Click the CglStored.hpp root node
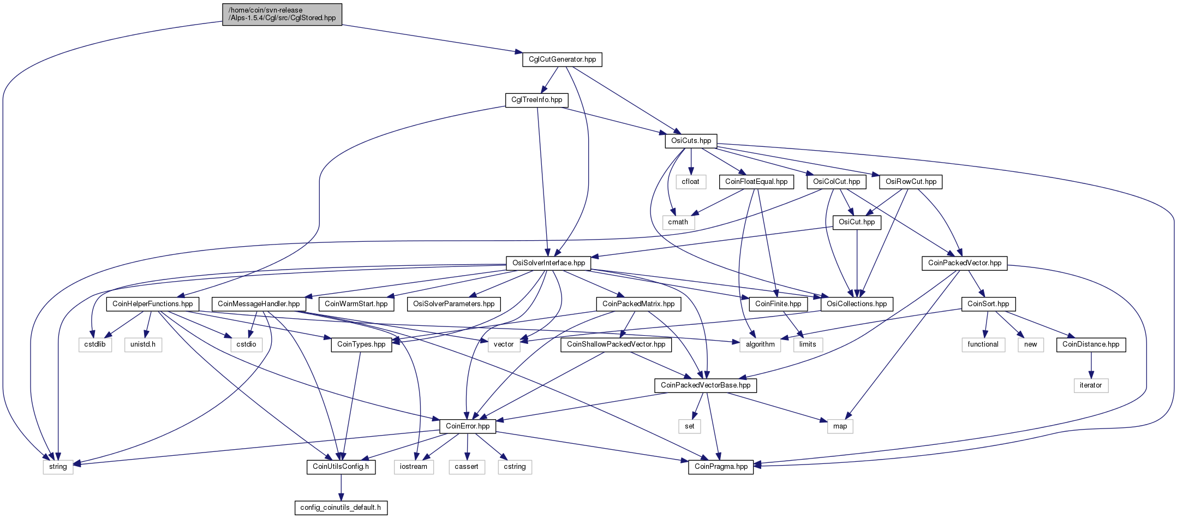(282, 14)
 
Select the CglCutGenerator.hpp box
(562, 59)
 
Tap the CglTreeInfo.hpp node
(536, 100)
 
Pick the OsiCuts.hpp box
(691, 141)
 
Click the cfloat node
(690, 182)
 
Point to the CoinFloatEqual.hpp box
(756, 182)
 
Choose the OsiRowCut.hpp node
(911, 182)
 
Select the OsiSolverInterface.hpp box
(548, 263)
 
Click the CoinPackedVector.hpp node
(965, 263)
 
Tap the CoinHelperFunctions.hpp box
(153, 304)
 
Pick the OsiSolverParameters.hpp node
(454, 304)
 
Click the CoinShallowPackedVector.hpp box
(616, 344)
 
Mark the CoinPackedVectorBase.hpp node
(706, 385)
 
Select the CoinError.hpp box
(468, 426)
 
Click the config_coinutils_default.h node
(341, 508)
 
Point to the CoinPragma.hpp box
(721, 467)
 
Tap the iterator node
(1091, 385)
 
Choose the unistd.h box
(143, 344)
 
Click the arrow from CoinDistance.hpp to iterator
(1091, 365)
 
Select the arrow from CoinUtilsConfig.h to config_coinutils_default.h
(341, 487)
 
